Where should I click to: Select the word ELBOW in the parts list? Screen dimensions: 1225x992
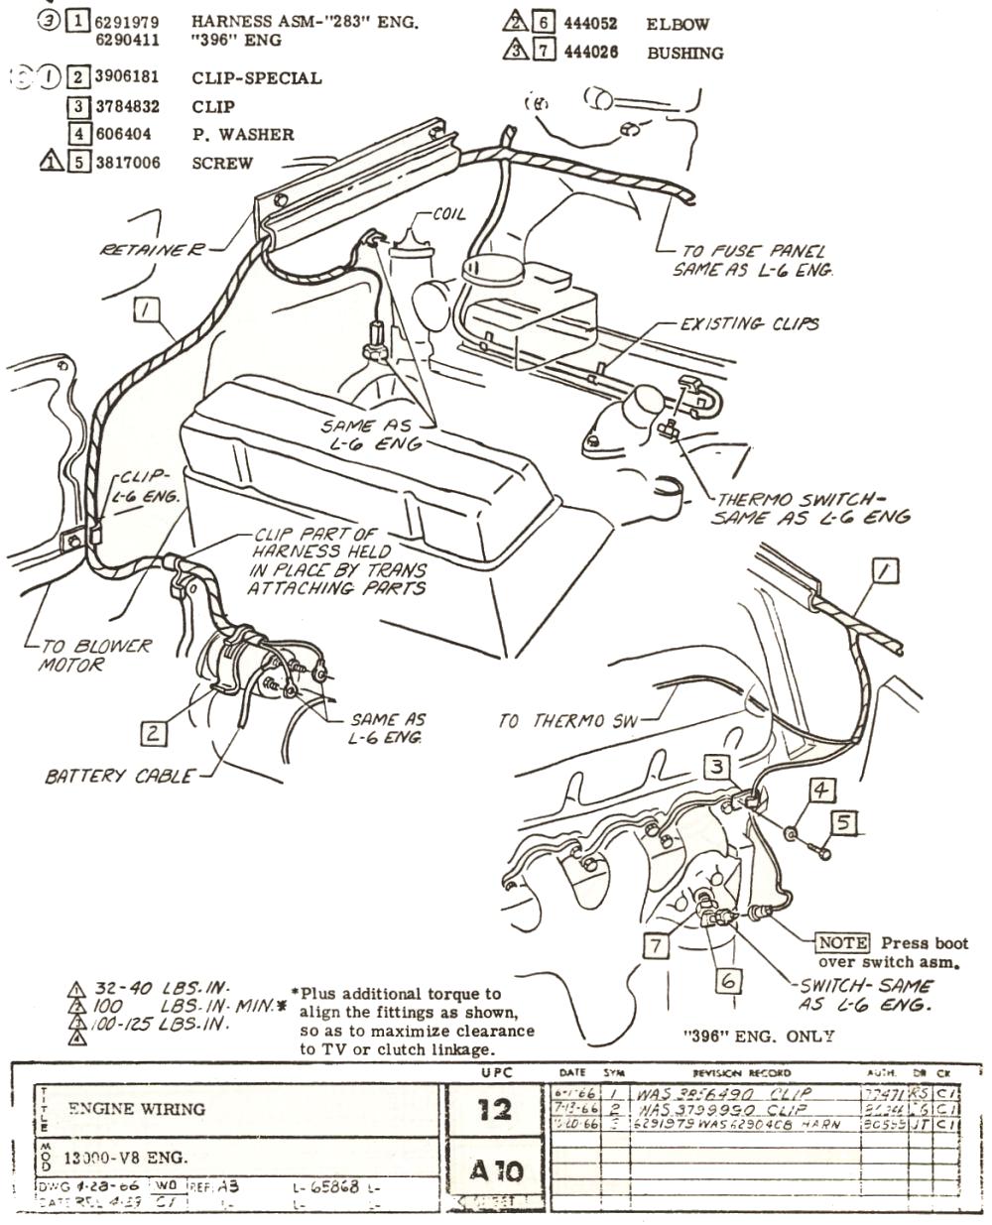click(678, 24)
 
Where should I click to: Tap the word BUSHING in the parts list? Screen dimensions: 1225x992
click(684, 53)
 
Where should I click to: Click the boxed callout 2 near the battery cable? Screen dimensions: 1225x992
click(153, 733)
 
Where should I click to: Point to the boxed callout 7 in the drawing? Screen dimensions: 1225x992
click(655, 945)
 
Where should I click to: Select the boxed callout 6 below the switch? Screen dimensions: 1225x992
click(729, 980)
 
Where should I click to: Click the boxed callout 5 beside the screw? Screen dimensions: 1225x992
click(842, 821)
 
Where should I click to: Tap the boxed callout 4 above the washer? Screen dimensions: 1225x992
click(821, 791)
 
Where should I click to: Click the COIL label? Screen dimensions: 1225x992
click(448, 214)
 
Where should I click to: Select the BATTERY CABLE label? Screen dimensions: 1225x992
click(119, 776)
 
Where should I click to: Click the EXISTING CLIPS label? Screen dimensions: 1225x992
click(750, 323)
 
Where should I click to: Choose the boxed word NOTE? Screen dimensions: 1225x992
click(841, 943)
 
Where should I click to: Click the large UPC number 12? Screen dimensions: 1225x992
click(493, 1108)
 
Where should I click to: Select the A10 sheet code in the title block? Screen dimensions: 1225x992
click(493, 1172)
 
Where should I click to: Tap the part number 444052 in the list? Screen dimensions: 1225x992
click(590, 24)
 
